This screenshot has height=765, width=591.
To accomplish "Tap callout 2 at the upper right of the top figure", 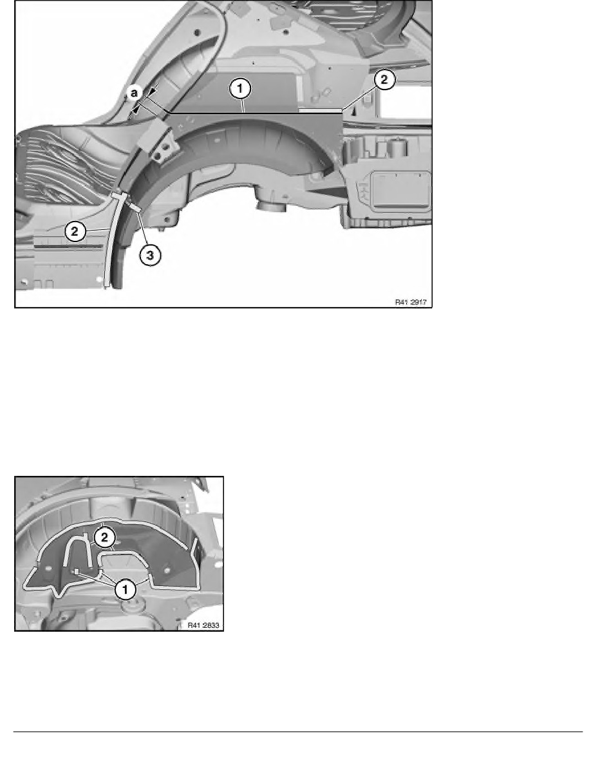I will [x=386, y=80].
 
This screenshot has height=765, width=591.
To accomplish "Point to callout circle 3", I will [x=149, y=255].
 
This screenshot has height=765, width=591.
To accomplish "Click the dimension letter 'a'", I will [x=135, y=93].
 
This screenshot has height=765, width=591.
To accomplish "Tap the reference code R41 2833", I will [x=203, y=625].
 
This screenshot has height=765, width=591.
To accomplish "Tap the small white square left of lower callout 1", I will [x=75, y=571].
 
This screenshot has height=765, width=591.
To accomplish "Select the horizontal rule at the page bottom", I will [x=295, y=732].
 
